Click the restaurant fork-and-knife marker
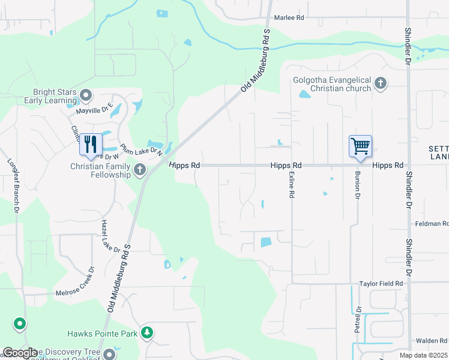pyautogui.click(x=91, y=145)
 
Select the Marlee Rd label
pyautogui.click(x=289, y=18)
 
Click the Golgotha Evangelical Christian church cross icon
pyautogui.click(x=380, y=83)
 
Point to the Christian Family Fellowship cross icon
pyautogui.click(x=140, y=170)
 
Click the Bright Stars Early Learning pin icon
pyautogui.click(x=86, y=95)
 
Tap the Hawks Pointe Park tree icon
pyautogui.click(x=146, y=332)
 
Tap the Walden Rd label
pyautogui.click(x=431, y=341)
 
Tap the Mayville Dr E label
pyautogui.click(x=94, y=110)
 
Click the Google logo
pyautogui.click(x=20, y=353)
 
